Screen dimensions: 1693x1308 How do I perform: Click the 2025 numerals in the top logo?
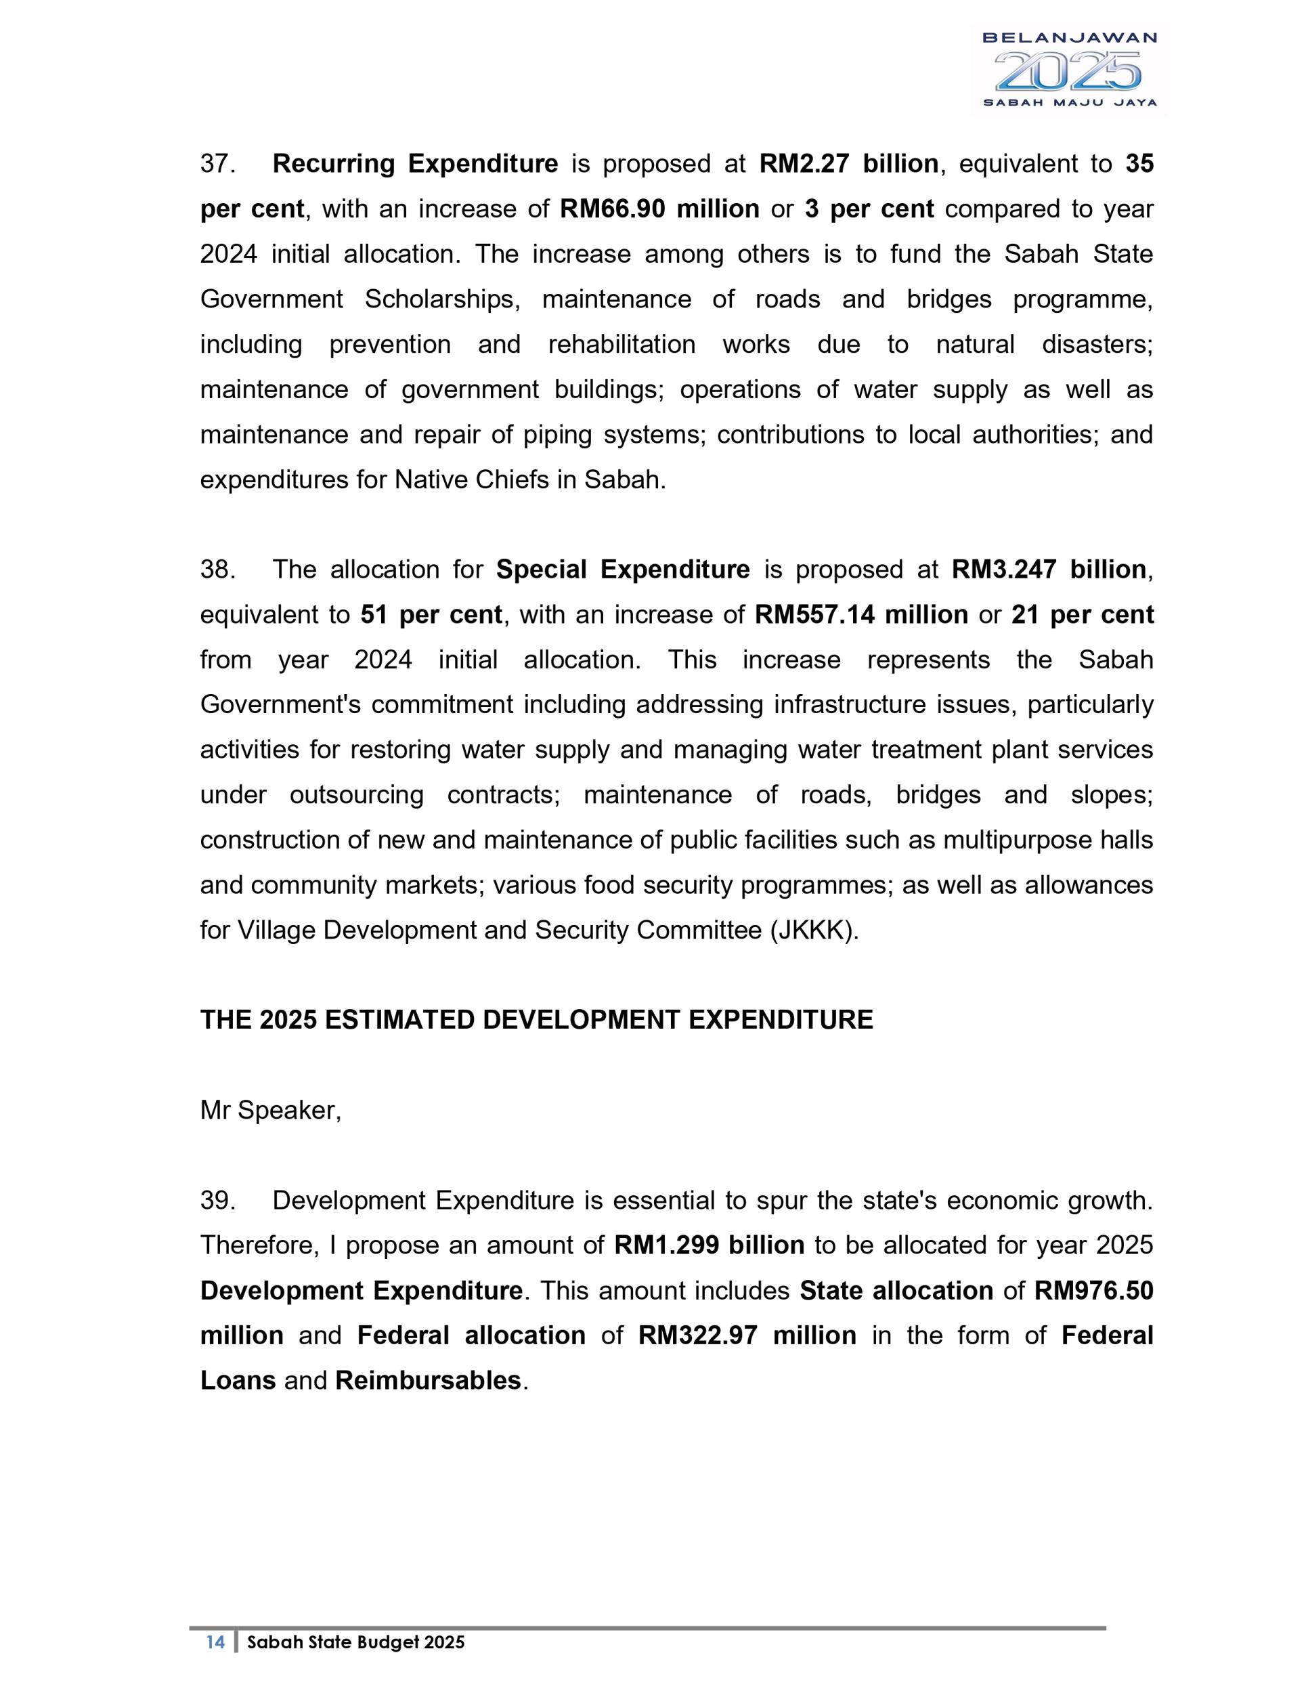[1068, 71]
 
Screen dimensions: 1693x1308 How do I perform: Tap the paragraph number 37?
[217, 165]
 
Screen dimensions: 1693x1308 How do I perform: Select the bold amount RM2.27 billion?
[848, 165]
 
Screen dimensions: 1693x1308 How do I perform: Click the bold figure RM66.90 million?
[659, 209]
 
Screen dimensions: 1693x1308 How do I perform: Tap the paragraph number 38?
[217, 570]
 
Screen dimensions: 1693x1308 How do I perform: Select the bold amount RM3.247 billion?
[1049, 570]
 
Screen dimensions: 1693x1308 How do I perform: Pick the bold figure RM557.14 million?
[861, 615]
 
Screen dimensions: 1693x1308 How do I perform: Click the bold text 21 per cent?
[1082, 615]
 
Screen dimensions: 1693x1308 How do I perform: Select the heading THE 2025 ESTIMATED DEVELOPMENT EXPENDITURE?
[536, 1020]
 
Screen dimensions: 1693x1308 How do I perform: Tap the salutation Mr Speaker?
[270, 1111]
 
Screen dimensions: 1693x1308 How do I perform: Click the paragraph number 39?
[217, 1201]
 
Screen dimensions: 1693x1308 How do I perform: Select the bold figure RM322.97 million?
[747, 1335]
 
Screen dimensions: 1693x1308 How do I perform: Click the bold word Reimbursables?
[428, 1381]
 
